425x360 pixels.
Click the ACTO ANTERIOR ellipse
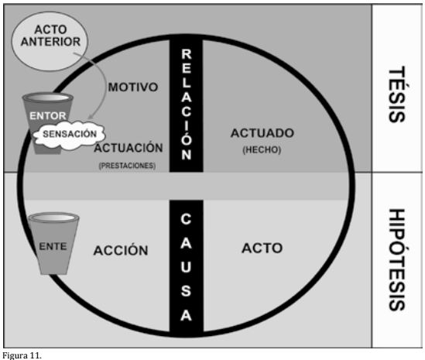click(50, 41)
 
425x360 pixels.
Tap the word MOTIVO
click(133, 87)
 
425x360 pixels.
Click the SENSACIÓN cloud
click(70, 134)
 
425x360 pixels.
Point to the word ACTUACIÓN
click(129, 148)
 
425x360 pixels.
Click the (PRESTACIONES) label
click(128, 166)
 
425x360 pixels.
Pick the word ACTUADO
click(262, 133)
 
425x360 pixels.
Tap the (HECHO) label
click(262, 150)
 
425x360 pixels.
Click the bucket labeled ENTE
click(53, 243)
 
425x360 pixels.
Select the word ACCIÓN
click(121, 250)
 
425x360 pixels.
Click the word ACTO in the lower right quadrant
click(262, 248)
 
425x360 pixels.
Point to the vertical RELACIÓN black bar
click(187, 105)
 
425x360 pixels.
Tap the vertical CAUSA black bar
click(187, 267)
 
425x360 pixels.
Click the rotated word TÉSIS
click(397, 94)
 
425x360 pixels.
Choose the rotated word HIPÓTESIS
click(397, 259)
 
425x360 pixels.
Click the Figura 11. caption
click(22, 355)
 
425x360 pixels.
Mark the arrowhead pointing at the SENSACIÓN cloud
click(91, 117)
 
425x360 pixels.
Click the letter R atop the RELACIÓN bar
click(187, 54)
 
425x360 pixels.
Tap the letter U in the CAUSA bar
click(186, 267)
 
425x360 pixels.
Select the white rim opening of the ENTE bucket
click(53, 218)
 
